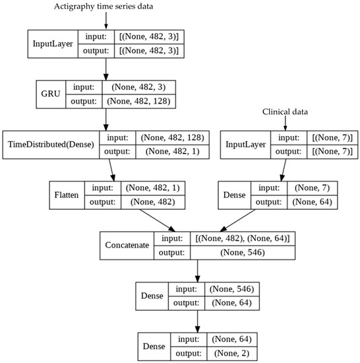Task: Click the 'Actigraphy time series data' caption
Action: pos(106,7)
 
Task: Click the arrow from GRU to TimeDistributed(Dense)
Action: pos(106,121)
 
